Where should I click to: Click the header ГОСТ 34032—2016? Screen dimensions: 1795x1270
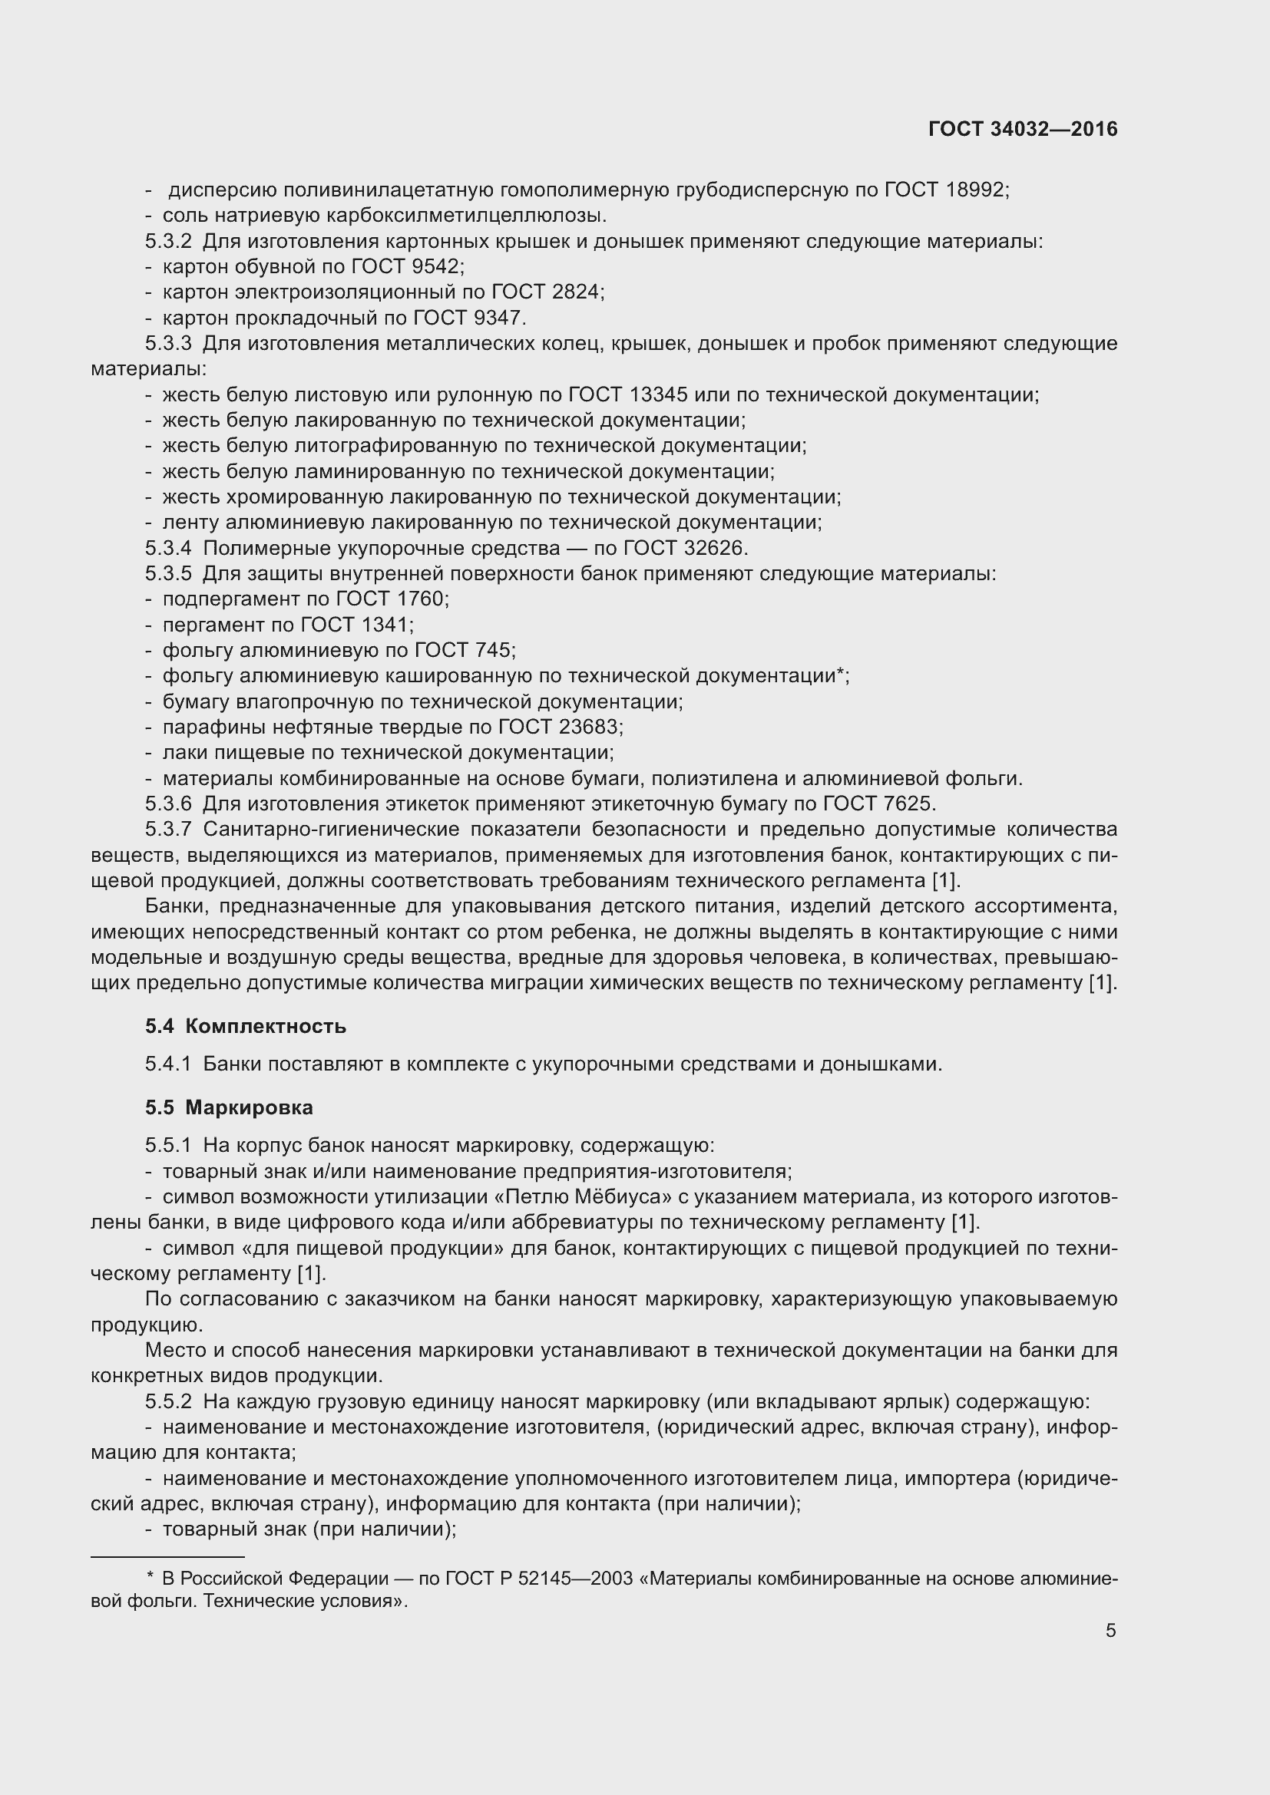click(x=1023, y=130)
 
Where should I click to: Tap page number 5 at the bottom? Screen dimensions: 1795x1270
click(x=1110, y=1630)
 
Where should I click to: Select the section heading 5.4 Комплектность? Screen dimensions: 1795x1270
click(x=246, y=1026)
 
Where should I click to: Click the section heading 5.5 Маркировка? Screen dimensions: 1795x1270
click(x=229, y=1107)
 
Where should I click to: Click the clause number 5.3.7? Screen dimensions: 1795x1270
click(x=168, y=830)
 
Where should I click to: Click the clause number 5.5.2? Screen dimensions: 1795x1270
click(x=168, y=1402)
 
